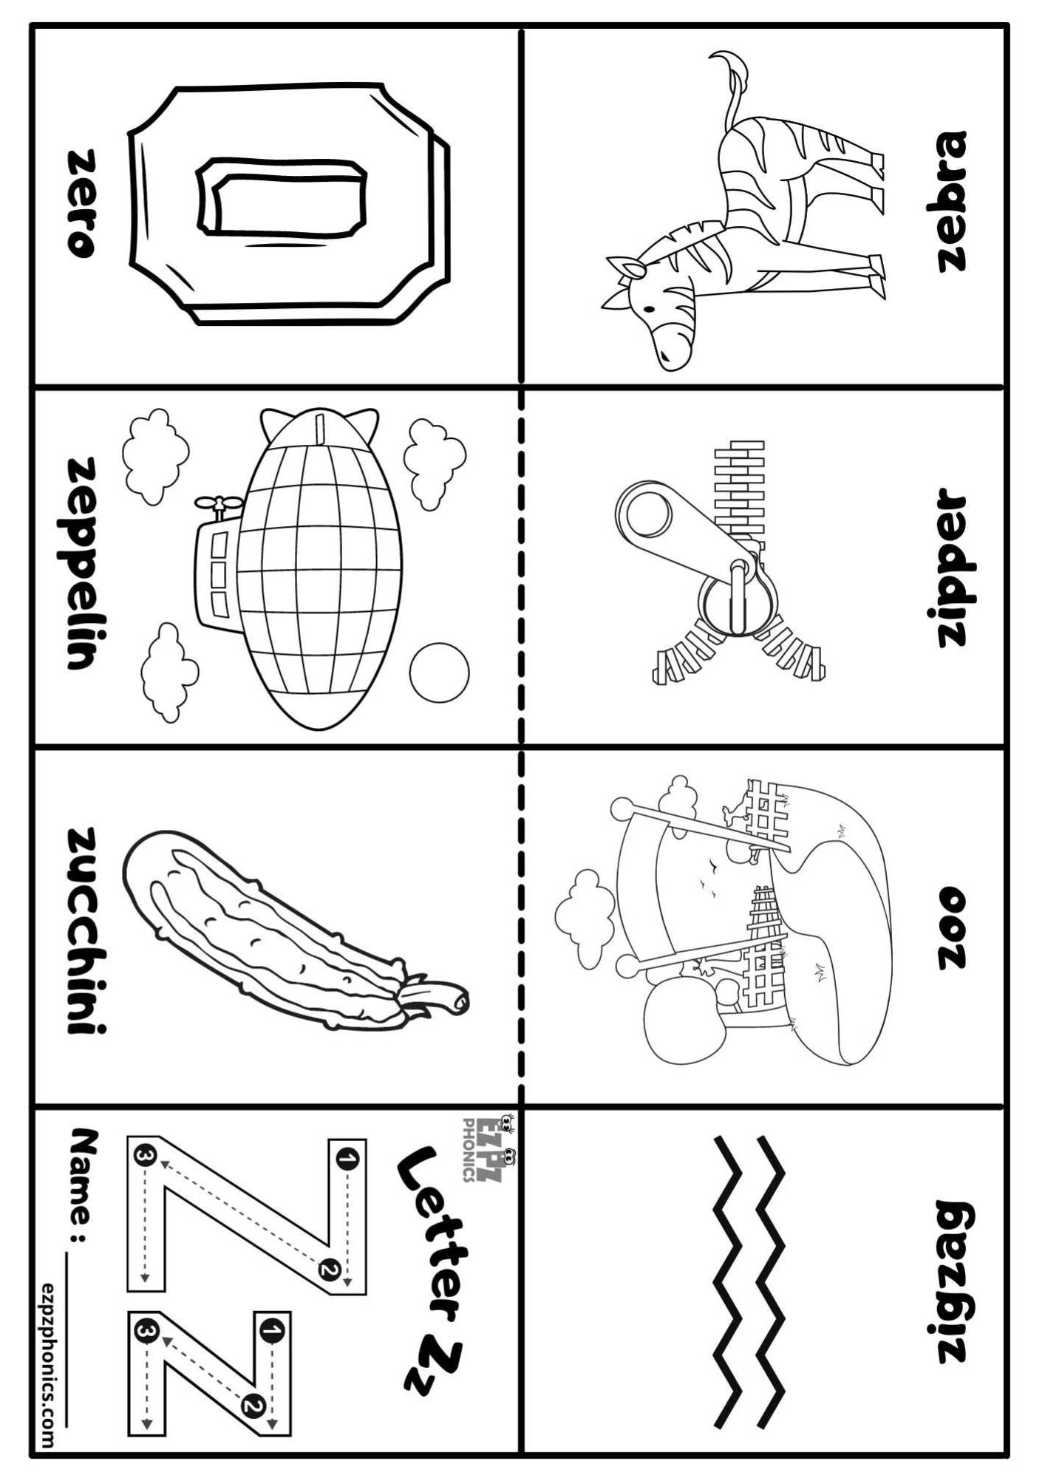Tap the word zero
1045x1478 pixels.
[82, 203]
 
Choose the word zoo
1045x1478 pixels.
[951, 928]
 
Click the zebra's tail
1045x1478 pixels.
[731, 81]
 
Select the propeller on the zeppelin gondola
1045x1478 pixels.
[219, 504]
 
